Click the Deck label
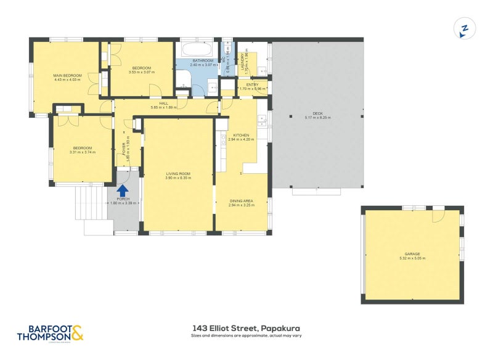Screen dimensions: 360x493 point(317,113)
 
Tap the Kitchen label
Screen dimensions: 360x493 point(241,135)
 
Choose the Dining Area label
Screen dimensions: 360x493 point(241,201)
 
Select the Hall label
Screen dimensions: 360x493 point(164,104)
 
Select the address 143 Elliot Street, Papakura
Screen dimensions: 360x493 point(246,328)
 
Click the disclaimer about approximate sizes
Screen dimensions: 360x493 point(246,336)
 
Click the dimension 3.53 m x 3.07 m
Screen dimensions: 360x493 point(142,72)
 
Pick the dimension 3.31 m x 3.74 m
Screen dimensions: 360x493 point(83,152)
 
